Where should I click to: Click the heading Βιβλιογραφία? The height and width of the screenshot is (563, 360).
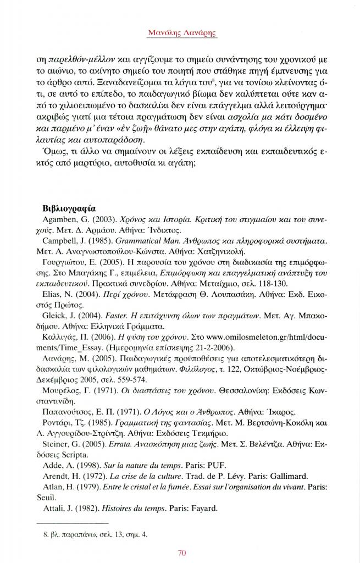coord(69,208)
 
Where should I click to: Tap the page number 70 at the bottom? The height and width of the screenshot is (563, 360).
coord(180,553)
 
